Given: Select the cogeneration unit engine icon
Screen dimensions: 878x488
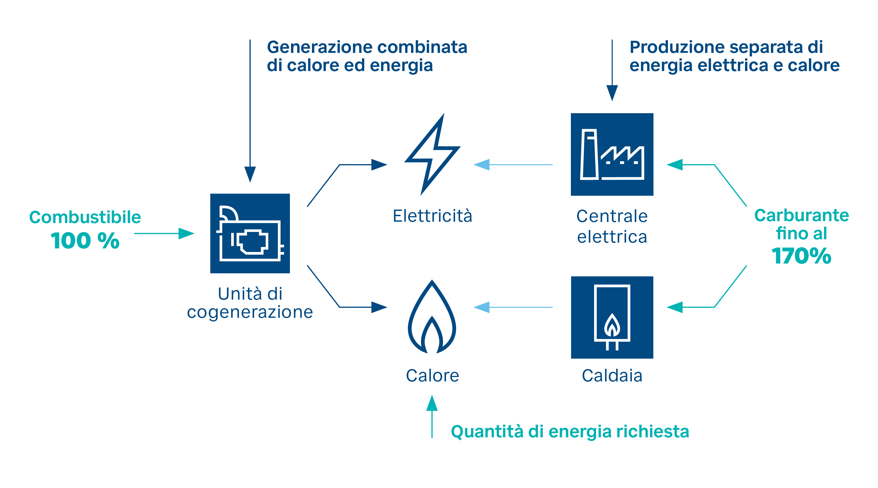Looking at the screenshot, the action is [x=250, y=233].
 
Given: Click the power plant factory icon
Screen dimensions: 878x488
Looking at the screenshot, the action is [x=612, y=154].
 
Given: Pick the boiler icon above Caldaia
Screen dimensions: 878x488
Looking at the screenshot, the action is [x=612, y=317].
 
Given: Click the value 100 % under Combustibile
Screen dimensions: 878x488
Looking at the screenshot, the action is [x=85, y=240].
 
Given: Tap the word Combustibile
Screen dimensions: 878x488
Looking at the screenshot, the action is [x=85, y=217].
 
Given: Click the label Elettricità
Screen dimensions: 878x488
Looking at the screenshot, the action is [x=432, y=216].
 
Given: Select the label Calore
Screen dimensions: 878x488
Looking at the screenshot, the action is [x=432, y=375].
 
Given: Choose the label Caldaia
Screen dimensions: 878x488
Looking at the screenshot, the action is [x=612, y=375].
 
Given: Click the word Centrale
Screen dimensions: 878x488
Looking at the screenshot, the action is [x=612, y=216].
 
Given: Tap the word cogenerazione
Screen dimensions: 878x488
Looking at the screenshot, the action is [x=250, y=312].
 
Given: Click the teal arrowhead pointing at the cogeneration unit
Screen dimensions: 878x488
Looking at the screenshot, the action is [x=186, y=234].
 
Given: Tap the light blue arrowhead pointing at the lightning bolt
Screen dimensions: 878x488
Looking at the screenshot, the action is [x=481, y=165].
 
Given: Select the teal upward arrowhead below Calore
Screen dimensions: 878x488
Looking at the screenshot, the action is [x=432, y=403].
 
